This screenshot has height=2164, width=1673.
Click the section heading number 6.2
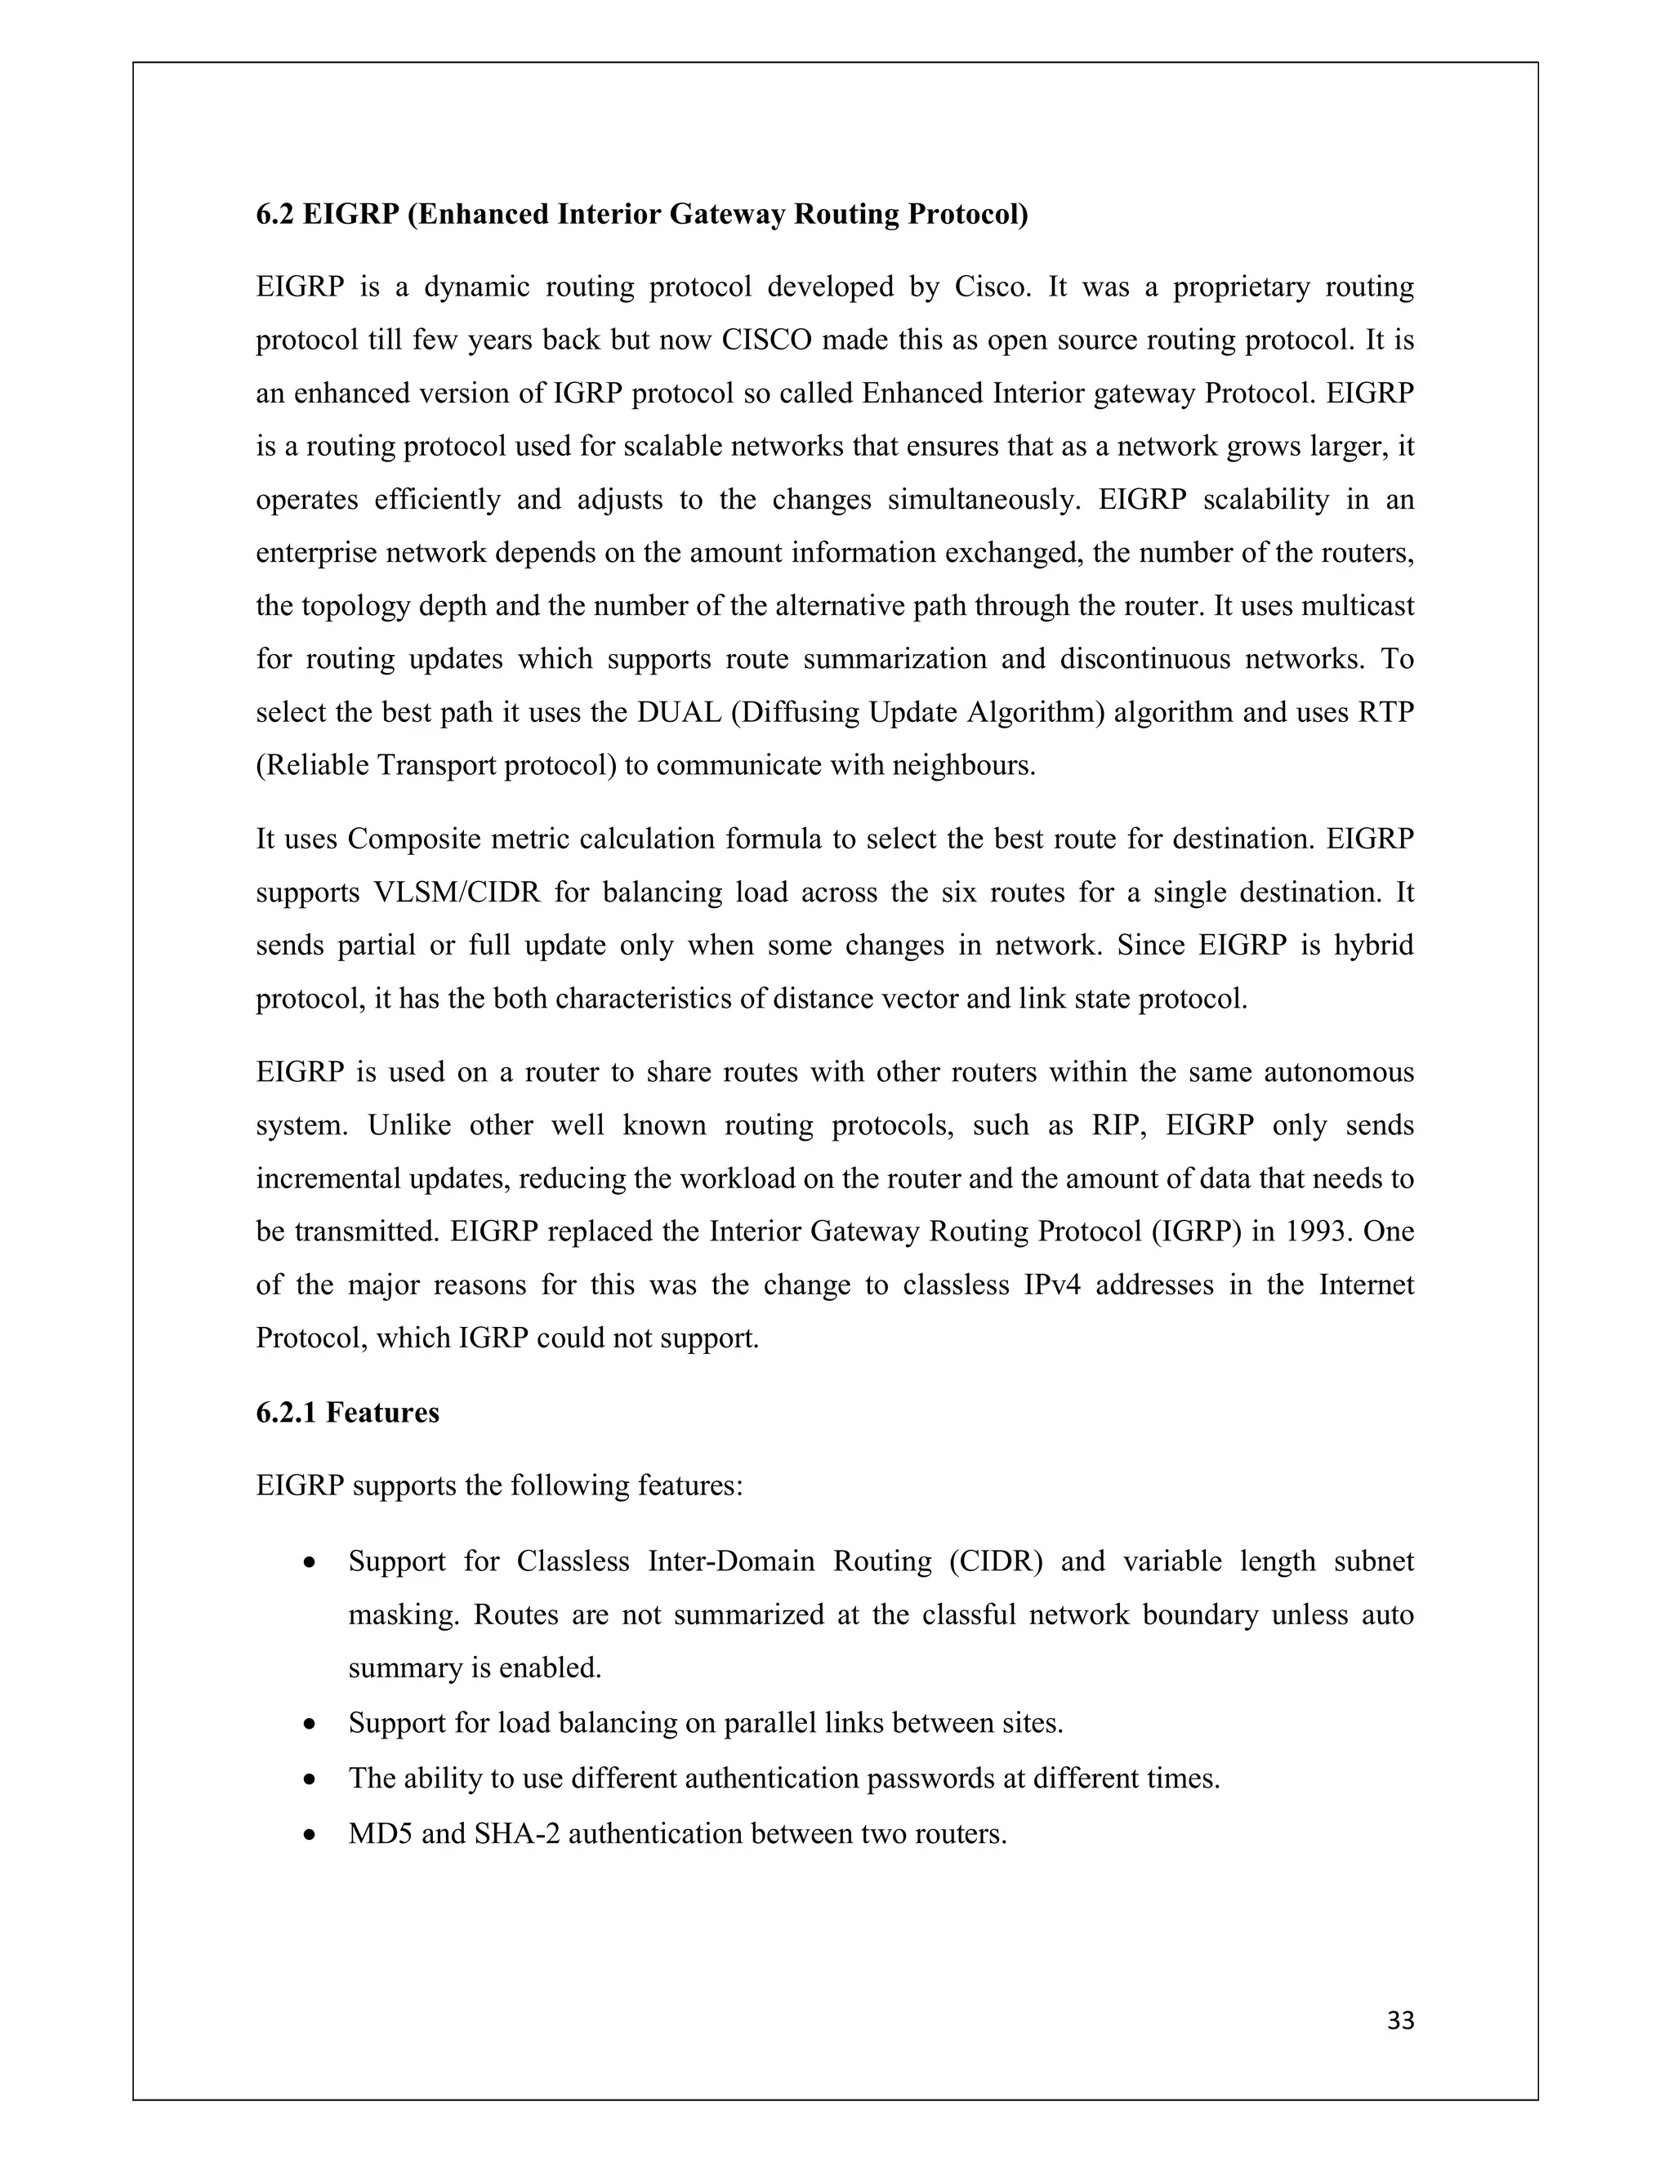coord(274,214)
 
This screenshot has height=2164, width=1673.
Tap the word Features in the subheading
coord(381,1412)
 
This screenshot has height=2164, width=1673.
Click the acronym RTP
coord(1385,712)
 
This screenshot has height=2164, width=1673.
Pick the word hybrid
coord(1374,946)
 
